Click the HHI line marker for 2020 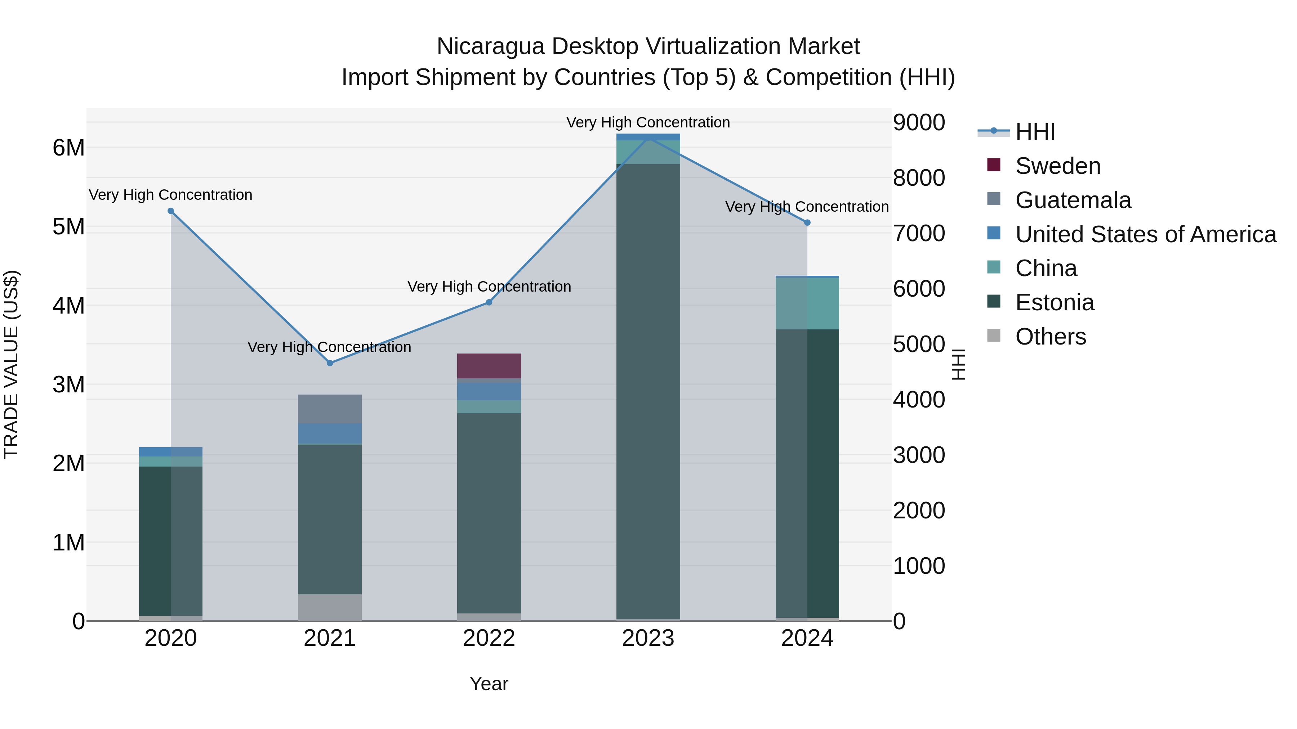(171, 211)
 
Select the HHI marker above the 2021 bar (330, 363)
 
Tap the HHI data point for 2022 (489, 302)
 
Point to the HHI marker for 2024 (807, 222)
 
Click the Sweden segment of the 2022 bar (489, 366)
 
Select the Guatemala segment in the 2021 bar (330, 409)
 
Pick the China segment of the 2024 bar (807, 303)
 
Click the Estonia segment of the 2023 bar (648, 392)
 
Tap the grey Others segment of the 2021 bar (330, 607)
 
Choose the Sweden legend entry (1057, 166)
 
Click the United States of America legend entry (1145, 234)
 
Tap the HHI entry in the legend (1035, 132)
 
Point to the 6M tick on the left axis (68, 148)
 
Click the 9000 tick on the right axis (919, 122)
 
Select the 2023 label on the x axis (648, 638)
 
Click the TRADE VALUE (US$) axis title (12, 364)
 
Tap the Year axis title (489, 684)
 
